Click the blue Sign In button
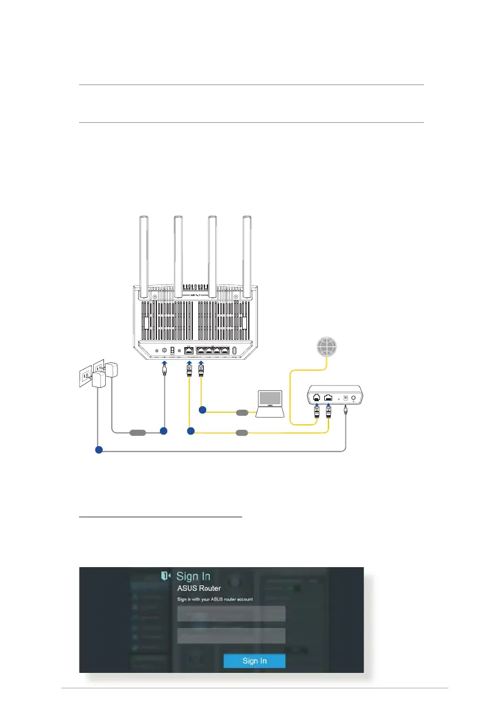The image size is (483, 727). click(x=254, y=661)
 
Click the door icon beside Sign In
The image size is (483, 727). click(x=165, y=576)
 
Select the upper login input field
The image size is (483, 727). click(x=231, y=613)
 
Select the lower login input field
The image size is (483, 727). click(x=231, y=636)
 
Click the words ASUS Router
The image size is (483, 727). click(x=198, y=588)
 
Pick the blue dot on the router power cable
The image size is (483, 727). click(x=163, y=431)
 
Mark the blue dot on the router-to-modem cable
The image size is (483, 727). click(x=190, y=432)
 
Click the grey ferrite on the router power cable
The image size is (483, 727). click(x=137, y=433)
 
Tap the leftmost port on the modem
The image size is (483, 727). click(x=317, y=397)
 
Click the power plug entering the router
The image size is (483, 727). click(x=164, y=368)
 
